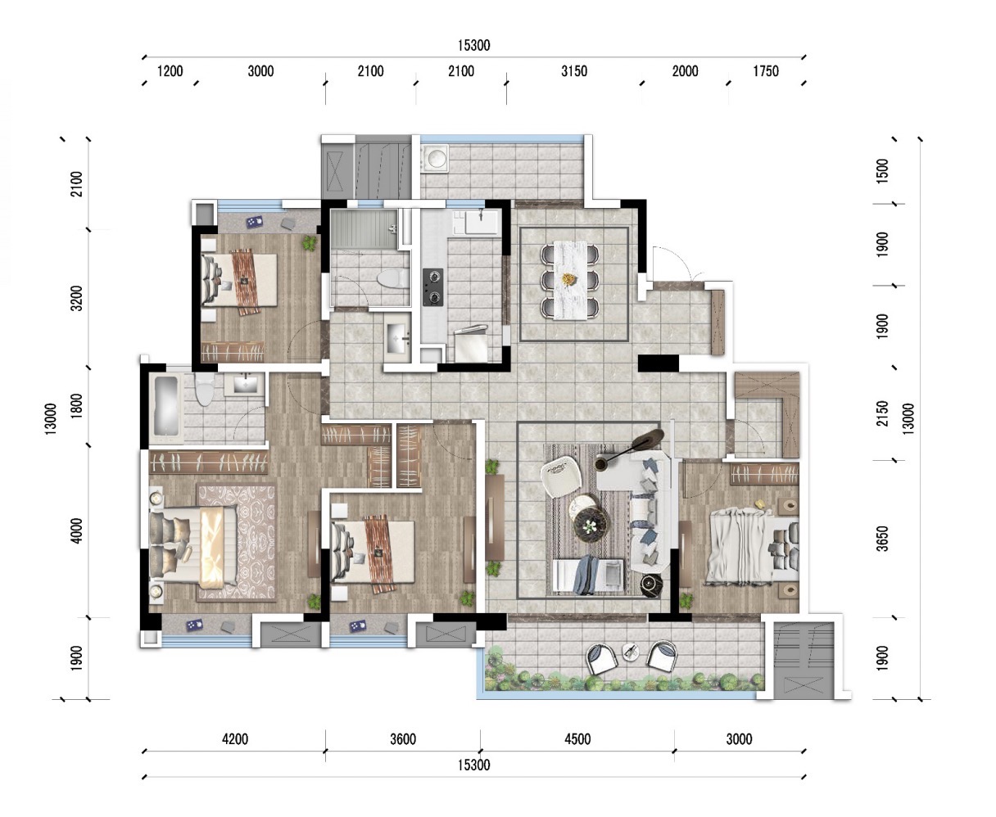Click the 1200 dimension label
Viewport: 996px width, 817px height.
tap(170, 71)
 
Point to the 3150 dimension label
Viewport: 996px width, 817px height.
tap(574, 71)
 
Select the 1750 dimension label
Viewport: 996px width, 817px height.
tap(766, 71)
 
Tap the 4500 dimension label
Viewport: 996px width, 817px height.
tap(577, 738)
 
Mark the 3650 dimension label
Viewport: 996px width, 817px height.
tap(881, 539)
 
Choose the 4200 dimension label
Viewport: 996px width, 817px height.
tap(235, 738)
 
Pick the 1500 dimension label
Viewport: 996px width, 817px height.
tap(881, 171)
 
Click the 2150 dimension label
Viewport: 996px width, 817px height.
tap(881, 413)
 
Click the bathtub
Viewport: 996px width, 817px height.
tap(167, 408)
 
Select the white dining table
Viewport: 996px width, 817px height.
tap(570, 280)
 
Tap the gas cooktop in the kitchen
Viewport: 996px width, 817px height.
tap(432, 287)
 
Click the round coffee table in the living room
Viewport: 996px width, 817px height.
tap(591, 523)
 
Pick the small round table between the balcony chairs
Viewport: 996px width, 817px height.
tap(631, 652)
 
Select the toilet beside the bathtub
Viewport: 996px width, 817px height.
tap(205, 390)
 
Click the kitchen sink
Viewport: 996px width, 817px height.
tap(482, 221)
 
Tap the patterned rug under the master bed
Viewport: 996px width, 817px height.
tap(236, 543)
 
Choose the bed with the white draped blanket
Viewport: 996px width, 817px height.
tap(752, 548)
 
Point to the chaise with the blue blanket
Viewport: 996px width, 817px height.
tap(588, 575)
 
